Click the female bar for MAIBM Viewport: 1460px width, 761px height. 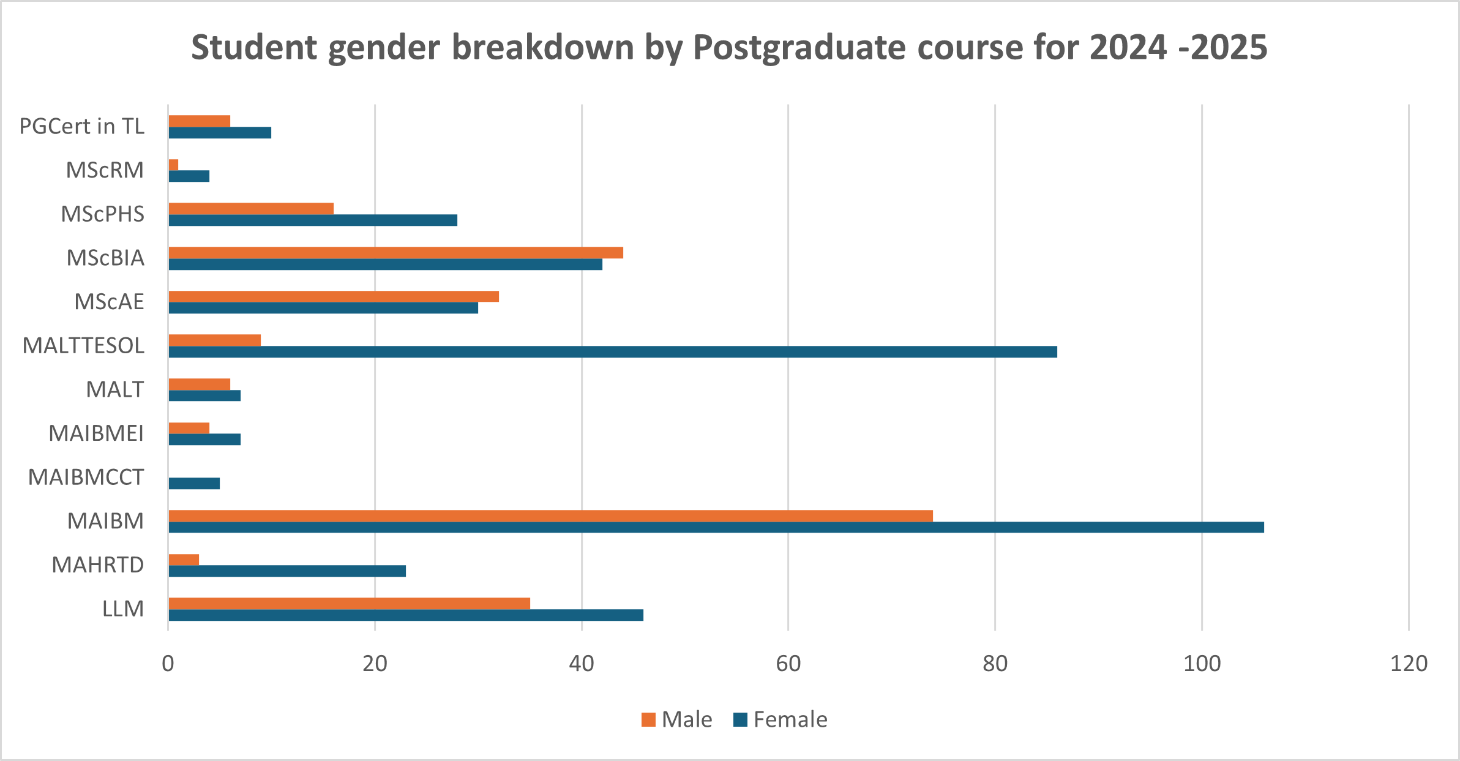point(716,527)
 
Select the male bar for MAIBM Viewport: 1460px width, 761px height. point(551,515)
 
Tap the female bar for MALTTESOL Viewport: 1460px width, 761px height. point(612,351)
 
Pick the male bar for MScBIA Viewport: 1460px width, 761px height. point(395,252)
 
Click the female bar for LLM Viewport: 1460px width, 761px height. point(406,615)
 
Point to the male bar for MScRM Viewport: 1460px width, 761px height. point(173,165)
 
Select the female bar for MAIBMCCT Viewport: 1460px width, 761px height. point(194,483)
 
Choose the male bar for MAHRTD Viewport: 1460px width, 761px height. point(184,560)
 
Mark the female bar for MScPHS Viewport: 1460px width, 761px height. point(313,220)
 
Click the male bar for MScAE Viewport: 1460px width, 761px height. point(334,296)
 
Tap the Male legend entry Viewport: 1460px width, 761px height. point(677,719)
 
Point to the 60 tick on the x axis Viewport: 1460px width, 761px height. point(788,664)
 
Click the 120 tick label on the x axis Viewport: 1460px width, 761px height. point(1409,664)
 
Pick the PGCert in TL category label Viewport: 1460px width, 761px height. point(82,126)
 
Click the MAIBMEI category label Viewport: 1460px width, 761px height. point(96,433)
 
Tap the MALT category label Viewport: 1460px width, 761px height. point(114,389)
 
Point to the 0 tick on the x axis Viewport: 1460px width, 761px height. point(168,664)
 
